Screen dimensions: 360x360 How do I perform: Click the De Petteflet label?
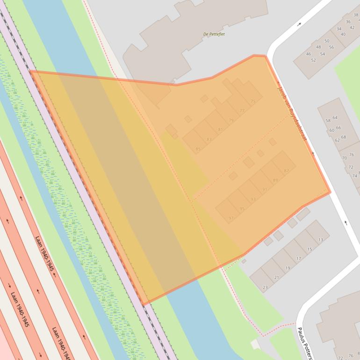click(x=214, y=34)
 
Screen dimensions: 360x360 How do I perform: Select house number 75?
click(x=253, y=101)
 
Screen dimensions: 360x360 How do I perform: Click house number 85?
click(x=198, y=149)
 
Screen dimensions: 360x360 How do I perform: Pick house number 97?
click(x=231, y=218)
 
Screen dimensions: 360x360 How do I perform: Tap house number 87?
click(x=286, y=171)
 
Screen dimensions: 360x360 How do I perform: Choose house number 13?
click(x=320, y=240)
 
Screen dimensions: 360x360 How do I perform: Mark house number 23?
click(x=265, y=287)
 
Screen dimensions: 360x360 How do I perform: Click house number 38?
click(x=356, y=15)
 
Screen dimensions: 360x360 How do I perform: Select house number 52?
click(x=313, y=60)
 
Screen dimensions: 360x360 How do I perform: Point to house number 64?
click(x=335, y=118)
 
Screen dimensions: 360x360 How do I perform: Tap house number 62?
click(x=337, y=140)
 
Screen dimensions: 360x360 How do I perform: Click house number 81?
click(x=220, y=130)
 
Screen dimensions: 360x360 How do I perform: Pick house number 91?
click(x=265, y=189)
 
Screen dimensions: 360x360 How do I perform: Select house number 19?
click(x=288, y=268)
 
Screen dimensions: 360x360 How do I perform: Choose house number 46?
click(x=309, y=54)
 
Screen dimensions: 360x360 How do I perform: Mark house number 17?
click(x=298, y=259)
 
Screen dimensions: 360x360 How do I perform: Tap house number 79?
click(x=231, y=121)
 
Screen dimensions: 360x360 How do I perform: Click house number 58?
click(x=328, y=121)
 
